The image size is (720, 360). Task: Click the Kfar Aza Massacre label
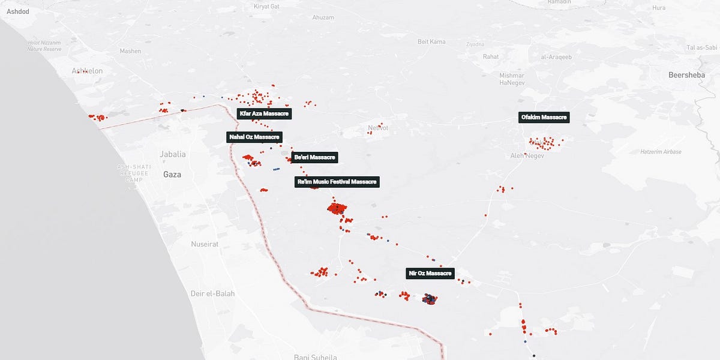coord(265,113)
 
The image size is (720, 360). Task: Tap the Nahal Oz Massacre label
coord(254,137)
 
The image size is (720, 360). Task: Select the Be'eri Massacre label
coord(314,157)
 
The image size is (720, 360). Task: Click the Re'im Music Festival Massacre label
coord(338,182)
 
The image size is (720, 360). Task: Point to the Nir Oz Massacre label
coord(430,274)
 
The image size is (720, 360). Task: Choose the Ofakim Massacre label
coord(544,118)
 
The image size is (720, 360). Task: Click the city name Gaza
coord(172,175)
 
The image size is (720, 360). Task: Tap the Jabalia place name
coord(173,154)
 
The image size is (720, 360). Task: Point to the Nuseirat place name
coord(205,244)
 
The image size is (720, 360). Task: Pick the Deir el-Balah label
coord(212,294)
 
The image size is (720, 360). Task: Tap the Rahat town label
coord(490,56)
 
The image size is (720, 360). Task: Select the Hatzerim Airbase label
coord(661,152)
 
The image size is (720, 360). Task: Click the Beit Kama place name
coord(431,41)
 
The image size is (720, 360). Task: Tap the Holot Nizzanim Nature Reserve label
coord(44,46)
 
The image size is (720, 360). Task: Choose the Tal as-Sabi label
coord(701,47)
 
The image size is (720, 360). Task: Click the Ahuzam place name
coord(323,17)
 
